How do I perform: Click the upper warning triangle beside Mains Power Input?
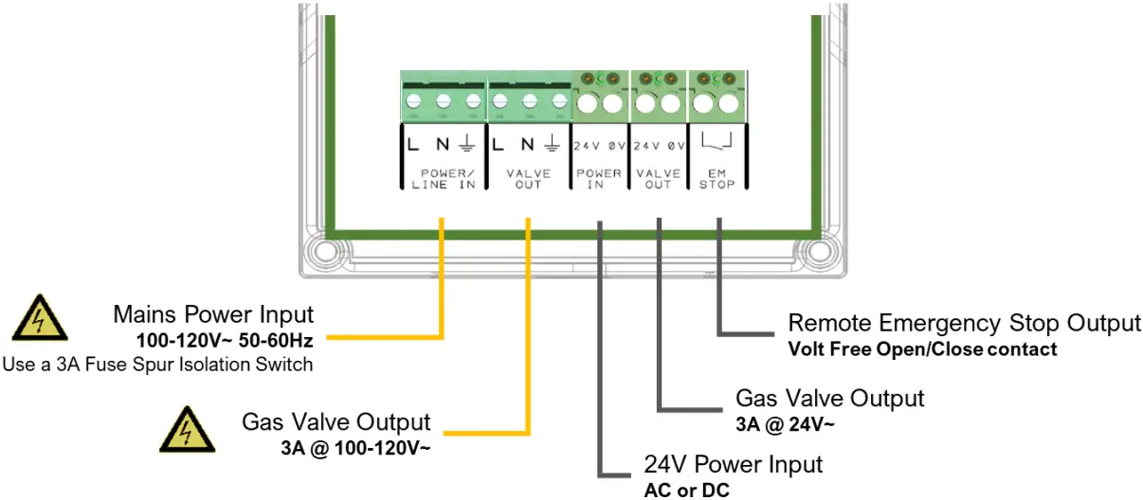click(39, 319)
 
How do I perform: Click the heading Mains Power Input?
click(213, 314)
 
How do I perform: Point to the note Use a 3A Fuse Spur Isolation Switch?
click(157, 364)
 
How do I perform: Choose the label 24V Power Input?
click(734, 465)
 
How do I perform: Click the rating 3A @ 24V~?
click(786, 423)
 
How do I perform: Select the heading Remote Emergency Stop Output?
click(964, 324)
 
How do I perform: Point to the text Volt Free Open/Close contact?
click(922, 349)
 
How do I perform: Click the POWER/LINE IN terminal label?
click(443, 179)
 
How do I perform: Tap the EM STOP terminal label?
click(717, 179)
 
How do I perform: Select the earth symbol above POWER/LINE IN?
click(467, 145)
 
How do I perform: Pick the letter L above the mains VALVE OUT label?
click(499, 145)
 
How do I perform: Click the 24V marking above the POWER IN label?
click(587, 147)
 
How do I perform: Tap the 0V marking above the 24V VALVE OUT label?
click(676, 147)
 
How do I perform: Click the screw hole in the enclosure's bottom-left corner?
click(323, 254)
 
